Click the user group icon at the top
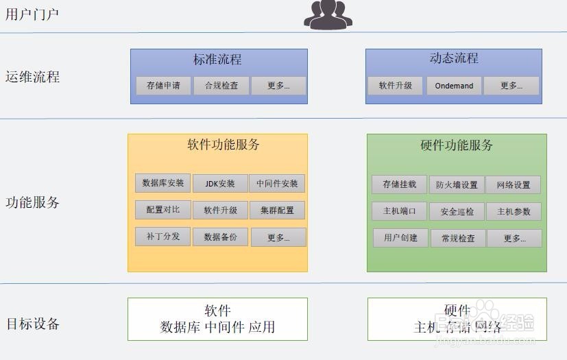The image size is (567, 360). (328, 14)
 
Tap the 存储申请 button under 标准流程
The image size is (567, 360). (163, 86)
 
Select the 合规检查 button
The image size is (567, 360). (220, 86)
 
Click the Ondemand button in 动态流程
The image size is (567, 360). (454, 86)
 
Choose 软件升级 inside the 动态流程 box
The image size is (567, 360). (395, 86)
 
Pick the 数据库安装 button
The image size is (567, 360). (163, 183)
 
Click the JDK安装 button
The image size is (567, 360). (219, 184)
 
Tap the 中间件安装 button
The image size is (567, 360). (277, 184)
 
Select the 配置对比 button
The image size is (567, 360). (162, 210)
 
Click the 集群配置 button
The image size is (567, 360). (277, 211)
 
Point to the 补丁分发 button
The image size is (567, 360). (162, 236)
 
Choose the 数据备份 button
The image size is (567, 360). (220, 237)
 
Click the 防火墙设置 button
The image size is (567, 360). (457, 185)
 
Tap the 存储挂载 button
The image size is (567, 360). (399, 184)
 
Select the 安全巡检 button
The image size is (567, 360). (457, 212)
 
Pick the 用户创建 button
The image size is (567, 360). (400, 238)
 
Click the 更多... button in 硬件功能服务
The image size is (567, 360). (514, 239)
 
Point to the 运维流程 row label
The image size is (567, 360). (32, 77)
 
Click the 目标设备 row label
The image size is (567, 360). (32, 324)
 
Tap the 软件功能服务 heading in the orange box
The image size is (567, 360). (224, 145)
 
